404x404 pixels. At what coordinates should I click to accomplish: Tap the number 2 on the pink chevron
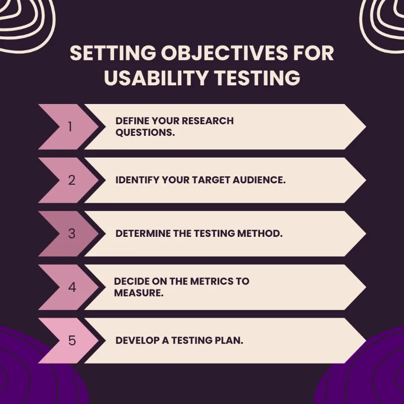(x=71, y=180)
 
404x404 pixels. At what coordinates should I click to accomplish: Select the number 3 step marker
(x=71, y=234)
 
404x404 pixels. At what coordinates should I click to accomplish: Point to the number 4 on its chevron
(x=72, y=287)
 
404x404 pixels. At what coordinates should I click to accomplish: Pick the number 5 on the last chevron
(x=72, y=341)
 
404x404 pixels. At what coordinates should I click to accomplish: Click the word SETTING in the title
(x=104, y=54)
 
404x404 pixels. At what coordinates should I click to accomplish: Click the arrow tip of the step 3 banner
(x=365, y=234)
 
